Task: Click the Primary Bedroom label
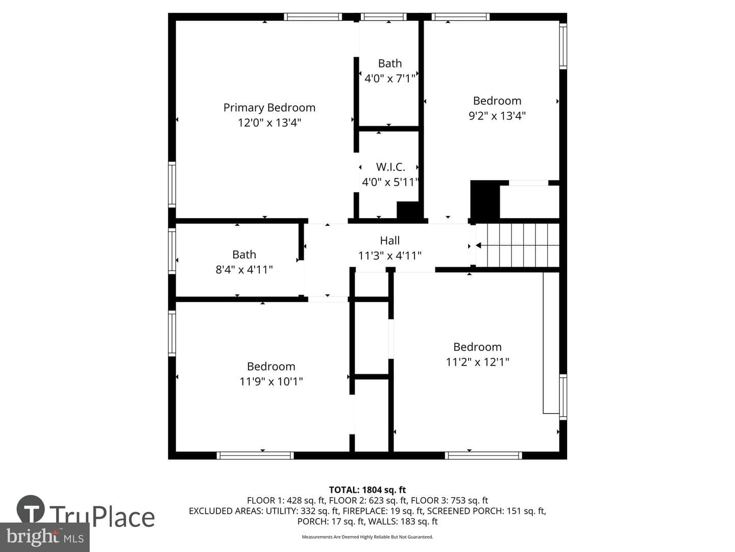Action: (x=269, y=108)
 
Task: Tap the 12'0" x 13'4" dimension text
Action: (x=269, y=123)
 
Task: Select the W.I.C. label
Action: (x=390, y=167)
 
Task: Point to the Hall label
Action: (x=390, y=240)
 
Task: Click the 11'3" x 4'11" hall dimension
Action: (x=390, y=256)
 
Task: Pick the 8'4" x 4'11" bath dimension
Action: (x=244, y=269)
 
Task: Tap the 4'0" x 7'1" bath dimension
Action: (x=390, y=78)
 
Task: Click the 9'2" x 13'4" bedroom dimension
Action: (x=497, y=116)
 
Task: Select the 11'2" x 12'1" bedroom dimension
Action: (x=477, y=362)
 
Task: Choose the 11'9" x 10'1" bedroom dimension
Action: (x=271, y=381)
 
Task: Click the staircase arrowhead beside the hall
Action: (x=478, y=246)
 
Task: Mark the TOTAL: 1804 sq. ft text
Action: (x=367, y=490)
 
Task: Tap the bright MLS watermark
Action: (x=44, y=537)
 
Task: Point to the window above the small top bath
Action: (x=383, y=17)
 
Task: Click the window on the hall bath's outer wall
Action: (x=172, y=250)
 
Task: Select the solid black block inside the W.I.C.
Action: (x=408, y=211)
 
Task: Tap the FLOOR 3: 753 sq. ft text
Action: (x=449, y=501)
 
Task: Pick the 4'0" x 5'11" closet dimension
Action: (x=390, y=182)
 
